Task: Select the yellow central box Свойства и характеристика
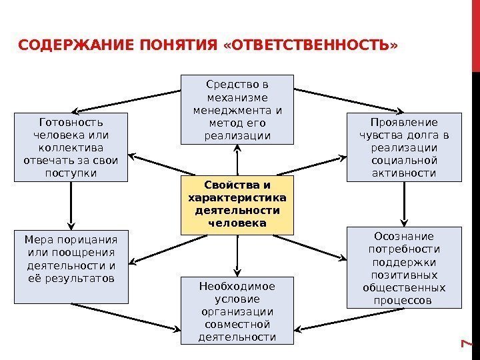pos(237,205)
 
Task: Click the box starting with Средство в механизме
pos(237,110)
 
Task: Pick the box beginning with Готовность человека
pos(71,147)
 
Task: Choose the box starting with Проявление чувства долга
pos(403,147)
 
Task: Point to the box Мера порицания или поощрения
pos(71,267)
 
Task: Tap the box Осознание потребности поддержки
pos(403,268)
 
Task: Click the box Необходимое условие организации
pos(237,311)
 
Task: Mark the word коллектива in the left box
pos(71,147)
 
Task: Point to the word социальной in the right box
pos(403,160)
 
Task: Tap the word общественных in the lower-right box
pos(403,288)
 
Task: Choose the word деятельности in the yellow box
pos(237,211)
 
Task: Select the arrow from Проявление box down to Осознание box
pos(403,203)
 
